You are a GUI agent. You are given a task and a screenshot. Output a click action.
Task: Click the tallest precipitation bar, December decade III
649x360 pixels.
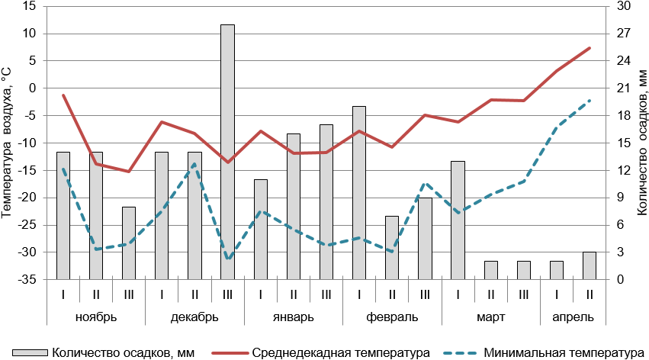(227, 153)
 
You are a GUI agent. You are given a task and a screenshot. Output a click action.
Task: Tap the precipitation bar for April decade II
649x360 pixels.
(589, 265)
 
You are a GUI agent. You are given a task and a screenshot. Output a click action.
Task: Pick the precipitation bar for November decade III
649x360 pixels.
(129, 243)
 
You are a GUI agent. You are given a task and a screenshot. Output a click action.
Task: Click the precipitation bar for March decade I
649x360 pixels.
(458, 220)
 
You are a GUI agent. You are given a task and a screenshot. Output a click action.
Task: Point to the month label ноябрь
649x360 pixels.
(96, 316)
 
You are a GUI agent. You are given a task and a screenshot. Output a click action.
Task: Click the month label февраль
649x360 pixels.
(392, 316)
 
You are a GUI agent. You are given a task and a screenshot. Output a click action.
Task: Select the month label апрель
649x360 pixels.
(573, 316)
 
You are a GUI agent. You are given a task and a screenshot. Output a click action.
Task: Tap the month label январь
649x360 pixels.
(293, 316)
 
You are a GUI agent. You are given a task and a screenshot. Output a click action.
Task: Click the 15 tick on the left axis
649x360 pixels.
(31, 6)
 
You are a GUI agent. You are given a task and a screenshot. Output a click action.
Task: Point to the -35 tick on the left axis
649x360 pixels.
(27, 280)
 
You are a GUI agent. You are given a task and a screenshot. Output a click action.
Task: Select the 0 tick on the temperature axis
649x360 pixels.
(33, 88)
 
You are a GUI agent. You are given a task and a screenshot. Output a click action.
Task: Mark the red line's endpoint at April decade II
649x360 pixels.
(589, 48)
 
